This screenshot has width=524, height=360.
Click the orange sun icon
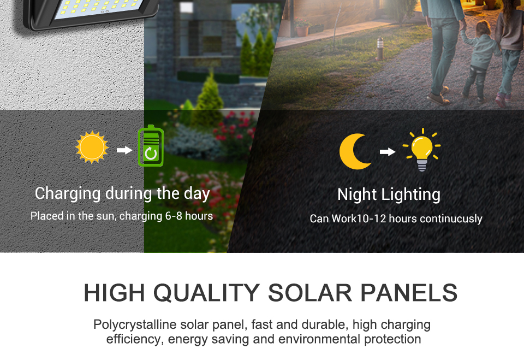[92, 147]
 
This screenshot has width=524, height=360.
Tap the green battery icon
[151, 146]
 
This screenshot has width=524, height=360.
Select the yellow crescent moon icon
[354, 151]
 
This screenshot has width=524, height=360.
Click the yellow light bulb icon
[422, 150]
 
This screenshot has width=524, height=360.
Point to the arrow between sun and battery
[124, 150]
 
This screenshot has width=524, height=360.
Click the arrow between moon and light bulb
[388, 152]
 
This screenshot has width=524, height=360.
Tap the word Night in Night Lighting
[357, 194]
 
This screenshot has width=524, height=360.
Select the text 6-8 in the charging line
[174, 216]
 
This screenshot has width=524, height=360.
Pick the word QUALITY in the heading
[206, 293]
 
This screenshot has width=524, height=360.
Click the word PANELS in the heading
[409, 293]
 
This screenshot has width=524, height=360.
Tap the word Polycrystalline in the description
[135, 325]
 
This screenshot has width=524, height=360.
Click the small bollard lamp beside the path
[380, 49]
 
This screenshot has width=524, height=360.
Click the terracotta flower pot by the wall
[302, 31]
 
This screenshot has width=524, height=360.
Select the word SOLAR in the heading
[310, 293]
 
